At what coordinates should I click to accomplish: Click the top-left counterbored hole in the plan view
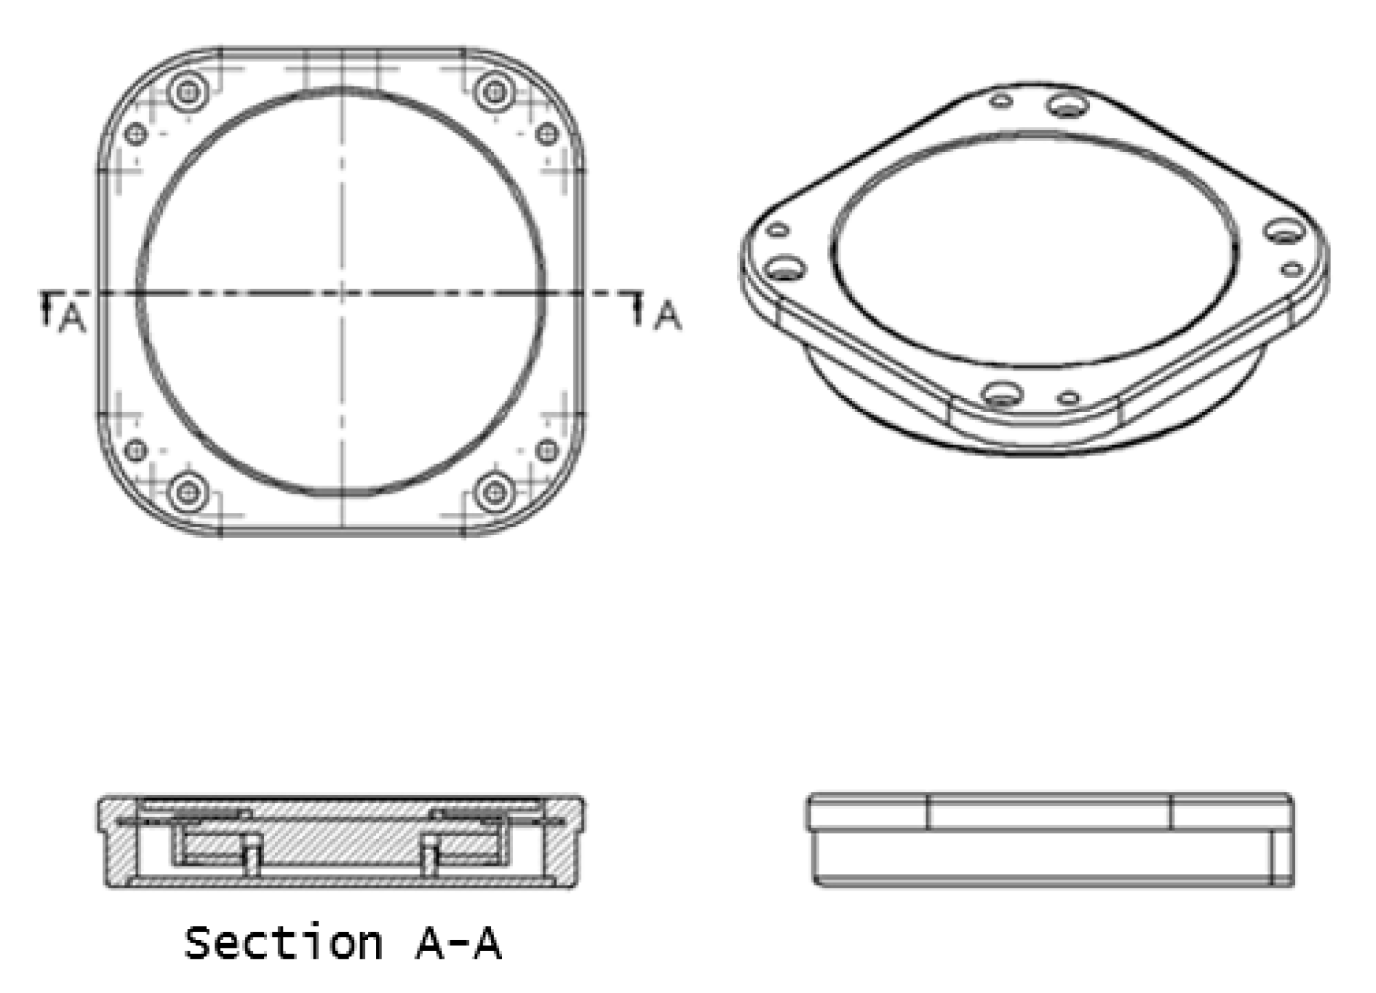coord(188,91)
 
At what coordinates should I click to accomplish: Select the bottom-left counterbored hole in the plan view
coord(188,492)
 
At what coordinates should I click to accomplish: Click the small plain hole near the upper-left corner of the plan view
coord(135,133)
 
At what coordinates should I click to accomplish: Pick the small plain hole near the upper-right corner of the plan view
coord(547,133)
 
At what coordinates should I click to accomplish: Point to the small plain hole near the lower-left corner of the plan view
coord(135,450)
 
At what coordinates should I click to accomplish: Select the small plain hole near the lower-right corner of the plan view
coord(547,450)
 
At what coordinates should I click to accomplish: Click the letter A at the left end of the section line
coord(72,318)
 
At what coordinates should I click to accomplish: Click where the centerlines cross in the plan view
coord(342,294)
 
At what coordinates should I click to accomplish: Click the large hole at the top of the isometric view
coord(1067,106)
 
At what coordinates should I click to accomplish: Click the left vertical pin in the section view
coord(253,857)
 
